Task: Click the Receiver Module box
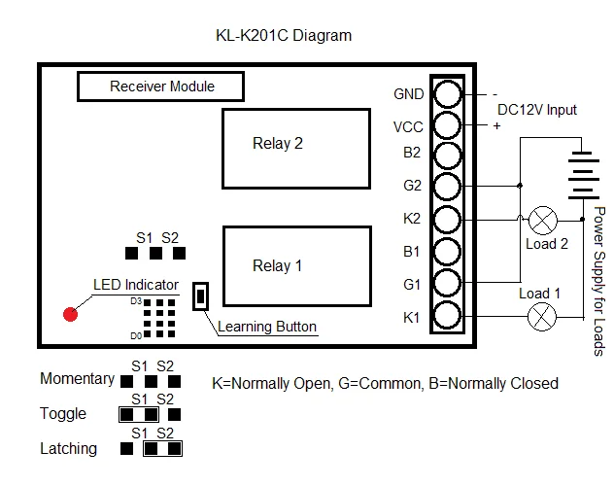point(161,87)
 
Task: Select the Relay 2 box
point(295,148)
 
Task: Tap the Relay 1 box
point(295,266)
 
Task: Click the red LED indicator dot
point(70,314)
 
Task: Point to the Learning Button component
point(201,296)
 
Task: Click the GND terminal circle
point(447,93)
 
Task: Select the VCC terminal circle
point(447,125)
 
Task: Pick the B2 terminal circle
point(447,156)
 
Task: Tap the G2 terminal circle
point(447,186)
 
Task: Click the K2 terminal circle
point(447,218)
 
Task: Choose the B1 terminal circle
point(447,251)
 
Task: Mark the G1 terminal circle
point(447,283)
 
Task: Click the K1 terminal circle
point(447,315)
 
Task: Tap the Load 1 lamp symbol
point(540,315)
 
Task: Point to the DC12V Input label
point(536,110)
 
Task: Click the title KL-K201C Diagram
point(284,36)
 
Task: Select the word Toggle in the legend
point(63,414)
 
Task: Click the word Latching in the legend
point(68,449)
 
